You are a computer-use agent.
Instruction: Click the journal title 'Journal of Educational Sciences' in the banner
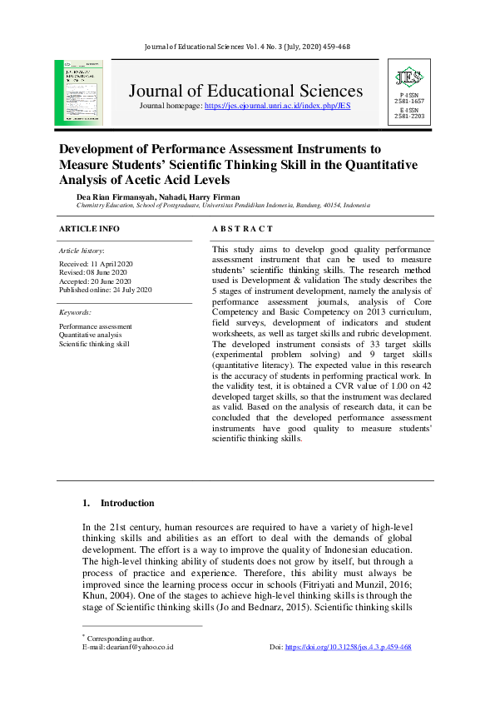[245, 91]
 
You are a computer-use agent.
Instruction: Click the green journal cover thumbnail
[78, 92]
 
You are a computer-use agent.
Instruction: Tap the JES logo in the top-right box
[409, 78]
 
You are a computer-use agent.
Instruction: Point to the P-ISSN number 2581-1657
[409, 102]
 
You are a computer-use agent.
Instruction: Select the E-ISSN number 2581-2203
[409, 116]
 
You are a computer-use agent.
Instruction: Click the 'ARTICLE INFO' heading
[89, 228]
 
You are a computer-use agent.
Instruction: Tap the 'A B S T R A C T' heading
[242, 228]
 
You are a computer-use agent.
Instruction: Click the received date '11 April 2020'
[116, 263]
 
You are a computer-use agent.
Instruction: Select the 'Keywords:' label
[75, 312]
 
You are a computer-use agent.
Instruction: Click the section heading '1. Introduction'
[118, 503]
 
